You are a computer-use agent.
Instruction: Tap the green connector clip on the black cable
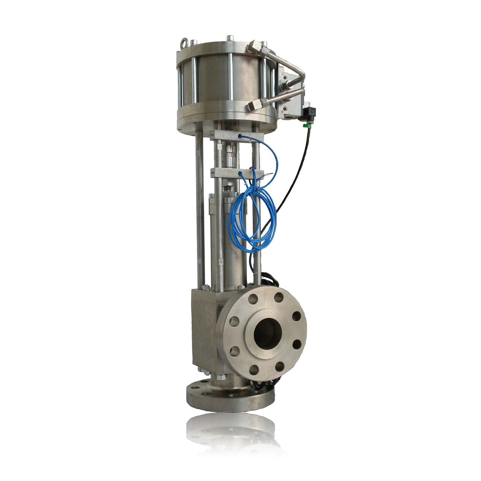(x=305, y=124)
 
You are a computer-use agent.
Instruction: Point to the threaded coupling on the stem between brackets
(x=230, y=156)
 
